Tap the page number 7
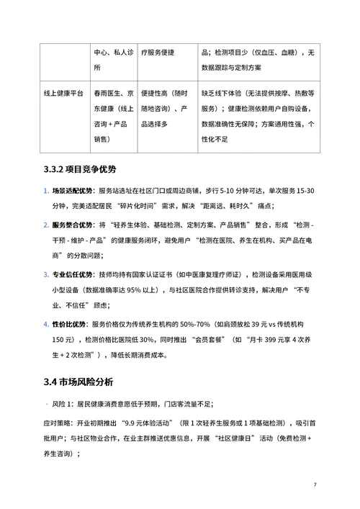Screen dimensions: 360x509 (315, 483)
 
